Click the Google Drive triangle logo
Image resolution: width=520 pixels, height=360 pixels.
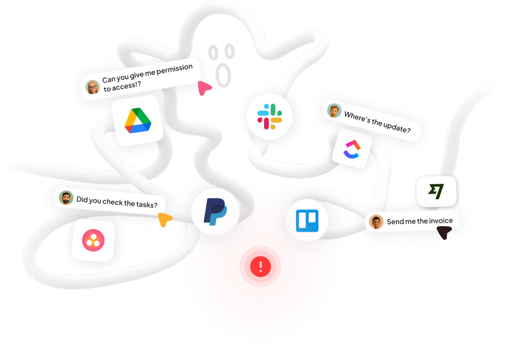coord(137,121)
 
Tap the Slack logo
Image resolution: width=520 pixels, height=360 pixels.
coord(270,116)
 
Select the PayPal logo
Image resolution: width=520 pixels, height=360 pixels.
coord(215,212)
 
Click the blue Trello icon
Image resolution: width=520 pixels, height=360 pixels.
coord(307,220)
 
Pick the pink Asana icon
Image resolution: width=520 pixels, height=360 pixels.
coord(93,240)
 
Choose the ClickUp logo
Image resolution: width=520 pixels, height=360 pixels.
coord(352,149)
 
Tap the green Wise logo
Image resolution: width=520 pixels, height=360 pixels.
coord(436,191)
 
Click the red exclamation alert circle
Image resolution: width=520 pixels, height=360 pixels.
coord(261,267)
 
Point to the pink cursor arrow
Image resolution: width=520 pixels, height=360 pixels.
coord(204,88)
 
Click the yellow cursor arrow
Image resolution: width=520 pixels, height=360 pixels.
coord(164,219)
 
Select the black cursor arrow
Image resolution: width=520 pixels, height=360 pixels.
coord(444,232)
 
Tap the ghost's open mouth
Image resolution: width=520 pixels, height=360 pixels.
coord(223,76)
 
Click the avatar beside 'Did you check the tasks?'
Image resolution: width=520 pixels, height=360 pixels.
coord(66,198)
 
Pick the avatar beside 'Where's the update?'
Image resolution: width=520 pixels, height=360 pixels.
coord(334,110)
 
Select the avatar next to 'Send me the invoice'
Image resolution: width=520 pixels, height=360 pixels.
coord(376,221)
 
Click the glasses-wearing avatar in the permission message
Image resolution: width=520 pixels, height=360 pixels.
coord(93,87)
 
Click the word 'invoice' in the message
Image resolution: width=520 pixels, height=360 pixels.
coord(441,221)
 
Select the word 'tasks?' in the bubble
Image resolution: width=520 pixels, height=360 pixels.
coord(147,205)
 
